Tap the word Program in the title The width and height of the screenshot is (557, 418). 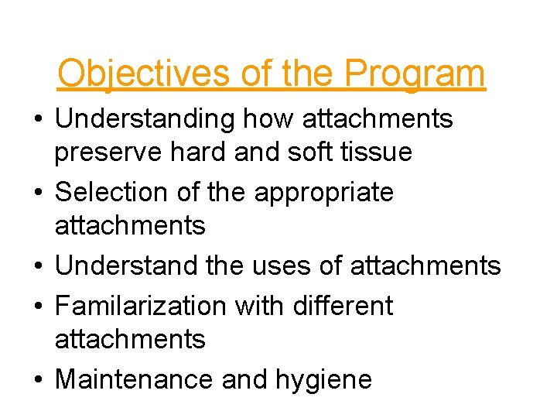[415, 74]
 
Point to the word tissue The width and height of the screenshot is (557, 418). [378, 152]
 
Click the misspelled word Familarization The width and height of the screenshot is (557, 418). [142, 306]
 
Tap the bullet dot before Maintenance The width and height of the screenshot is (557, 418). [39, 379]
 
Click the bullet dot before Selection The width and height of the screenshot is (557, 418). [39, 192]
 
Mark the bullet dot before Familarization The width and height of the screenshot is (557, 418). [39, 306]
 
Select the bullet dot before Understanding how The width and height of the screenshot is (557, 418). [39, 119]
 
